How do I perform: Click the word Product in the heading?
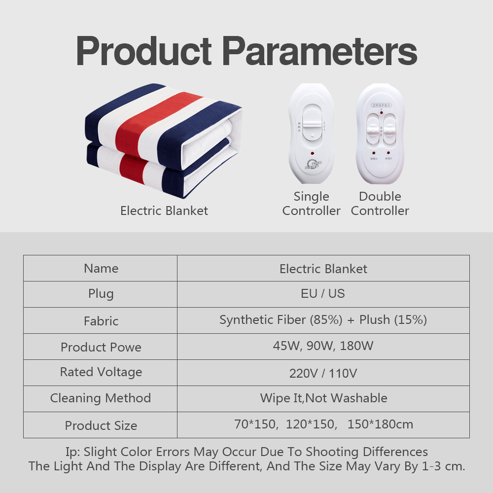(144, 51)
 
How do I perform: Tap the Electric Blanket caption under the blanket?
(164, 211)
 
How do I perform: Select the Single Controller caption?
(311, 204)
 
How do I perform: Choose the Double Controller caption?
(380, 204)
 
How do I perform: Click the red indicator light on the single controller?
(312, 154)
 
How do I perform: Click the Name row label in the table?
(101, 269)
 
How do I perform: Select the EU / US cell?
(323, 294)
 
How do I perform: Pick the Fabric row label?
(101, 321)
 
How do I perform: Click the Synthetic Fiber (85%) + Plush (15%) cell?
(323, 320)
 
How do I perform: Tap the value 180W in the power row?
(356, 346)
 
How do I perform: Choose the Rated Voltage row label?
(101, 372)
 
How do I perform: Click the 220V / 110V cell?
(323, 373)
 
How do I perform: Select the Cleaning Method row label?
(101, 398)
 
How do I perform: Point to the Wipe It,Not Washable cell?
(323, 398)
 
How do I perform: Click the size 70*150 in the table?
(255, 424)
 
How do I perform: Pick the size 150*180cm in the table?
(380, 424)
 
